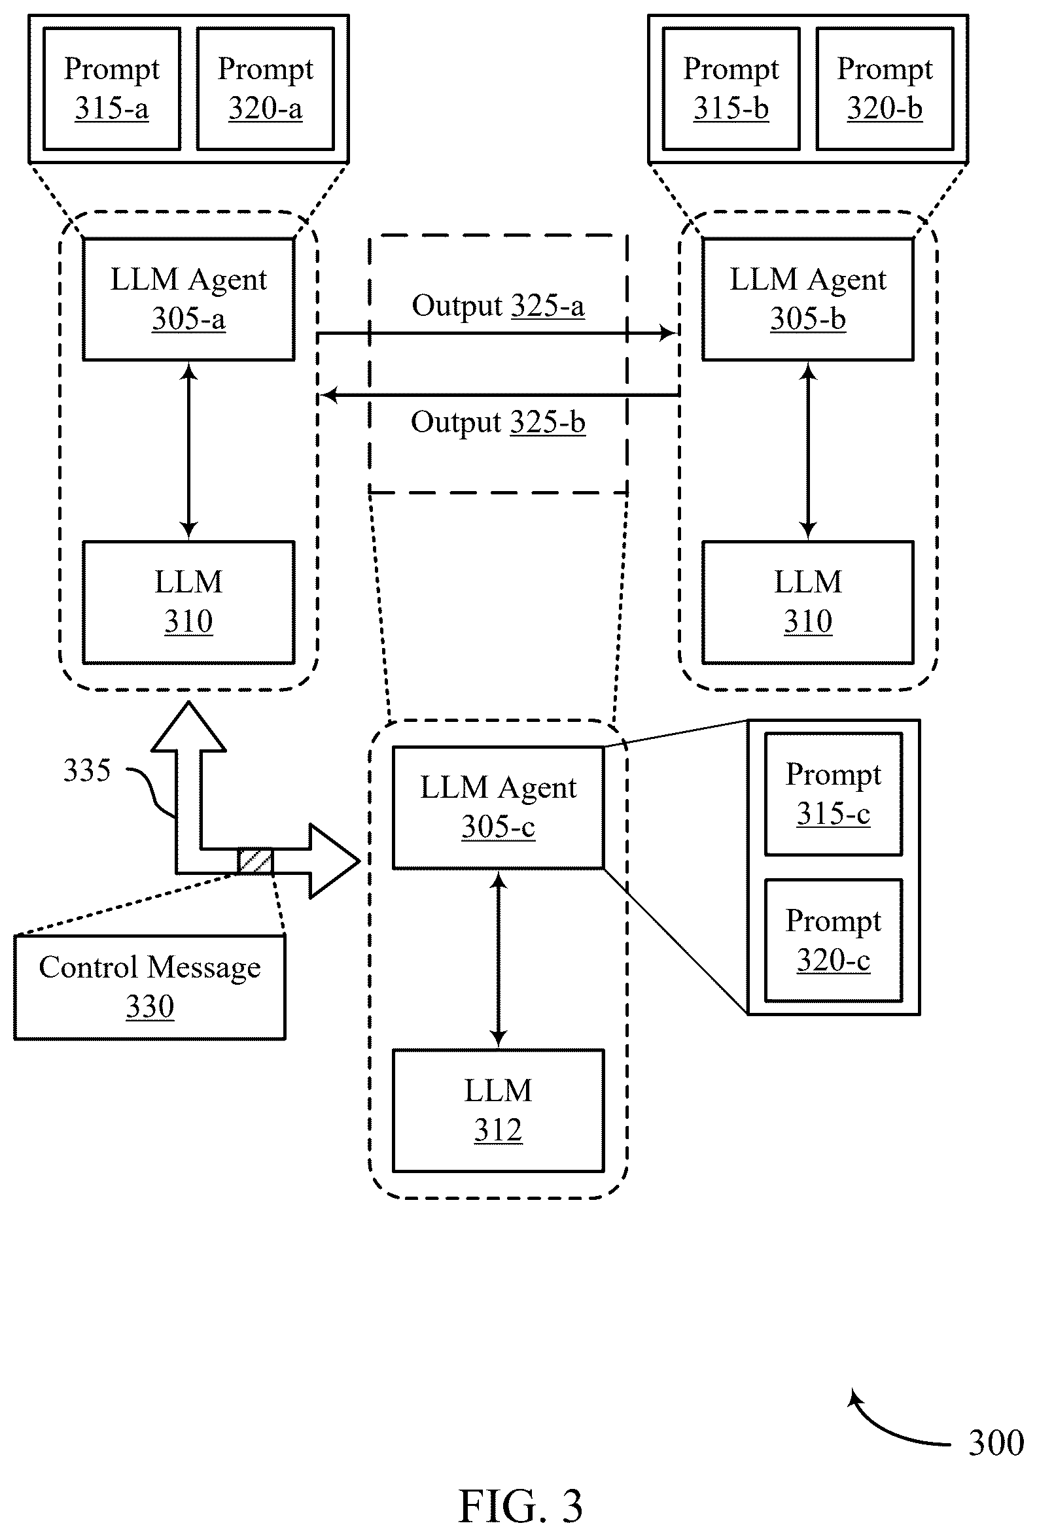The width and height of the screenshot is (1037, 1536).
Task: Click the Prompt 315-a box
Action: point(112,88)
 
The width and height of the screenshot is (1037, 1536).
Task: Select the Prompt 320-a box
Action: point(265,88)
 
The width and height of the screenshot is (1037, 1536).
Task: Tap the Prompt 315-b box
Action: point(731,88)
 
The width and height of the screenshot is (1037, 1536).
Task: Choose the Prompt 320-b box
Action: point(885,88)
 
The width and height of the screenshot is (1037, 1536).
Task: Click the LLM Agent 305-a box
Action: point(188,299)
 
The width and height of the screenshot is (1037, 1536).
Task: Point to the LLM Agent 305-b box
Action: point(807,299)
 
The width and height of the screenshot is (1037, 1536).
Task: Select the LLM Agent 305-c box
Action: point(498,808)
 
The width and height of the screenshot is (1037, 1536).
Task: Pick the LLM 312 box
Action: point(498,1110)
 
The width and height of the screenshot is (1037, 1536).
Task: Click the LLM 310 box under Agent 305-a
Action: point(188,602)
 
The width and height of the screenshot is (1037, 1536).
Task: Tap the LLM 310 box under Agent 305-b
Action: point(807,602)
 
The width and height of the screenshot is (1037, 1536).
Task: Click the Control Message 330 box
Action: point(150,987)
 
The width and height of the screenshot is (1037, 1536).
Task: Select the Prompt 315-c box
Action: point(834,794)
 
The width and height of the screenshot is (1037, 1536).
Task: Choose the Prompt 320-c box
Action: point(834,940)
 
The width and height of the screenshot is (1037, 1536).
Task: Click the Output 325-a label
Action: point(498,306)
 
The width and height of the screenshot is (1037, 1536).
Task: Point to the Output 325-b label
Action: point(498,422)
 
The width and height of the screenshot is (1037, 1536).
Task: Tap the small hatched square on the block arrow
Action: point(255,861)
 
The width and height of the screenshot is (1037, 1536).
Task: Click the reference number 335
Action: point(86,771)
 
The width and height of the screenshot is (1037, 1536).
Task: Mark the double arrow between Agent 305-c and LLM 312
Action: point(498,959)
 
